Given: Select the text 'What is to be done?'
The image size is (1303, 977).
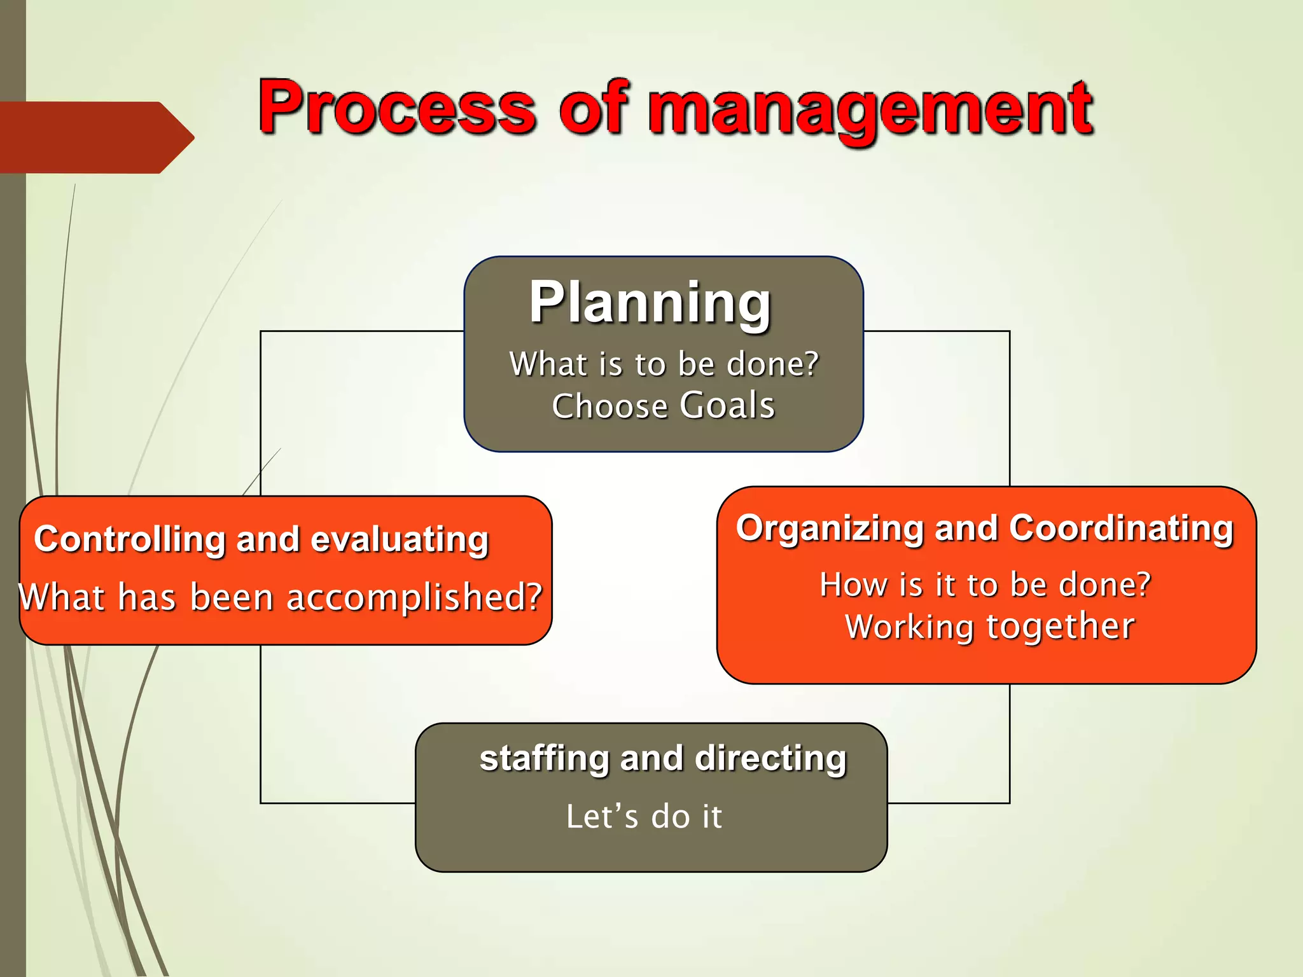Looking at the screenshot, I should [664, 364].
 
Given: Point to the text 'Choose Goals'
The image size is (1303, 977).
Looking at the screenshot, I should [664, 406].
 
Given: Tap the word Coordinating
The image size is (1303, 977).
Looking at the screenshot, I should [1121, 529].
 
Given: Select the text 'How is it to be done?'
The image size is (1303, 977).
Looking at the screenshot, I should [985, 584].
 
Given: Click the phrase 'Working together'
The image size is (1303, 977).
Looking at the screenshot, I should [989, 627].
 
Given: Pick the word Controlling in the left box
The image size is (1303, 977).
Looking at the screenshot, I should [130, 539].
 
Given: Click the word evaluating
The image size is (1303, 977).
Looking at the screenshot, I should [400, 539].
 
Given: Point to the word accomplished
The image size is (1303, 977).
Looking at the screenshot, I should [414, 598].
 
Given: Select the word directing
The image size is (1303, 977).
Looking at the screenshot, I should [770, 758].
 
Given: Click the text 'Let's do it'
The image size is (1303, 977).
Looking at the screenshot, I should [644, 816].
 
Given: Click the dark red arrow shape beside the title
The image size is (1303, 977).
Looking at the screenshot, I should [95, 137].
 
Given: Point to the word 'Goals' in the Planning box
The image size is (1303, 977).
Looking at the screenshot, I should [727, 406].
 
